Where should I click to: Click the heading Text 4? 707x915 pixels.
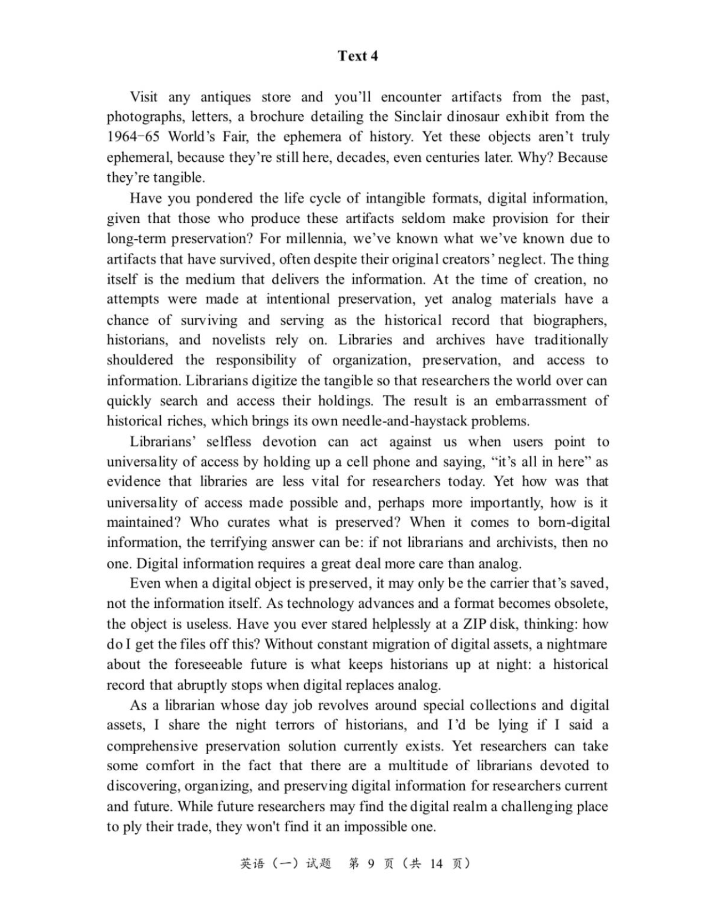[x=358, y=56]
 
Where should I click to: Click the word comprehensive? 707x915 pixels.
[x=160, y=746]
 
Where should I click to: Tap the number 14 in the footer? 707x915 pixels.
[x=436, y=863]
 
